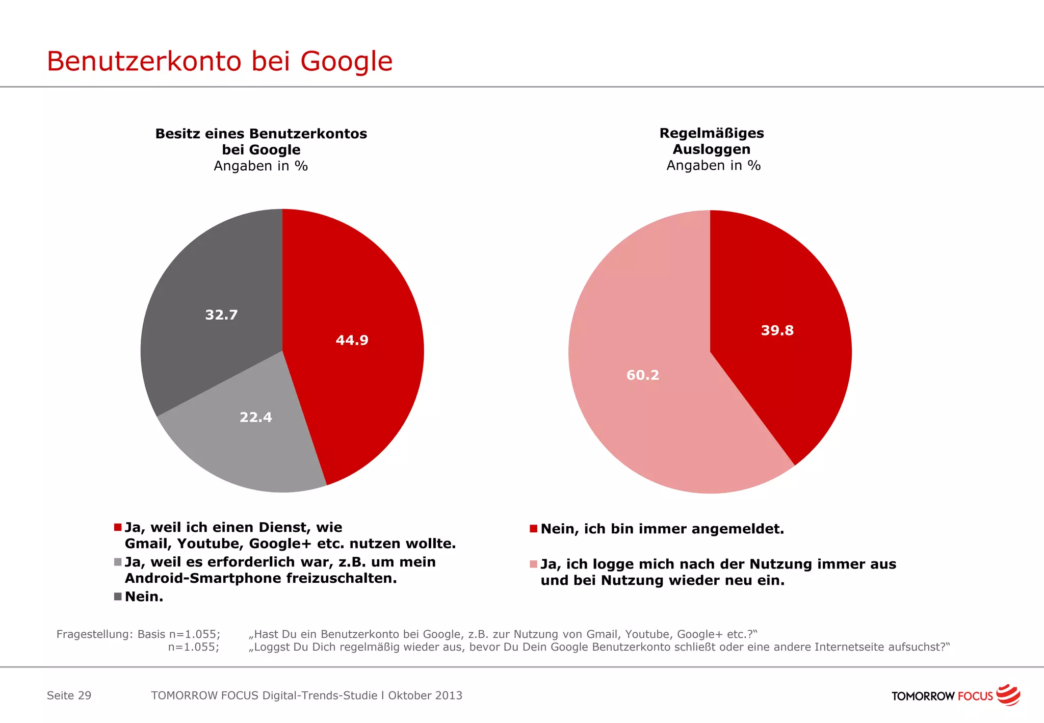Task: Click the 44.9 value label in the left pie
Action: click(x=352, y=340)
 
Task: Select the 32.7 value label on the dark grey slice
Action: click(x=221, y=315)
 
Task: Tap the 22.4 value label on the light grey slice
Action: click(x=256, y=418)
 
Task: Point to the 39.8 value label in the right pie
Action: click(x=777, y=330)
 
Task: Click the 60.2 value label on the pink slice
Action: click(x=643, y=375)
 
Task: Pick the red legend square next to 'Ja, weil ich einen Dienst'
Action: click(x=118, y=527)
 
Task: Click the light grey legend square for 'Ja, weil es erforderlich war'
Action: click(x=118, y=562)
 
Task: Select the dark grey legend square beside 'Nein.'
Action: click(x=118, y=597)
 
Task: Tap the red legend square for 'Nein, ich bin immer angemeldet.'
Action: click(x=533, y=529)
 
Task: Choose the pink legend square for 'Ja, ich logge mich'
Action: click(x=533, y=564)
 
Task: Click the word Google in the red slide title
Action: click(x=346, y=62)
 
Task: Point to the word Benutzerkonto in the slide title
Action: click(x=144, y=62)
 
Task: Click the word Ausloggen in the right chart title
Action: click(x=712, y=149)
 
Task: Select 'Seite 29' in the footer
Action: click(x=69, y=695)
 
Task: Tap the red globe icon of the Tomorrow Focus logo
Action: click(x=1008, y=695)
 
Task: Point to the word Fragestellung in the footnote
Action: click(x=95, y=634)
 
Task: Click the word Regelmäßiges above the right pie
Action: click(x=712, y=133)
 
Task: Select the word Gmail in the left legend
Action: click(x=147, y=544)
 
